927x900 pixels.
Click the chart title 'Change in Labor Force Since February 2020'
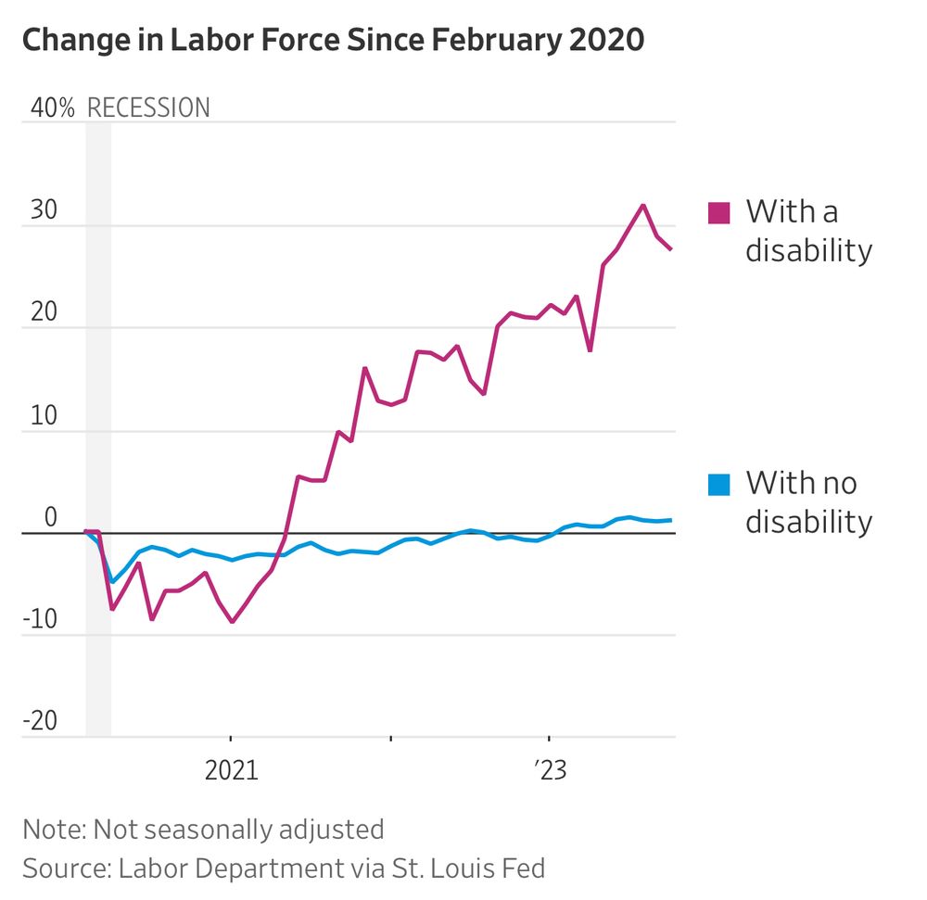click(x=333, y=41)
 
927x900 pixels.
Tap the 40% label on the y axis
click(x=53, y=108)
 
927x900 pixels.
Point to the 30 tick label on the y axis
click(x=42, y=210)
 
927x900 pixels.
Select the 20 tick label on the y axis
click(x=42, y=313)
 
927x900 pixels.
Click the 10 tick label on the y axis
click(x=42, y=416)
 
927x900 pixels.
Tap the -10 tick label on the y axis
click(x=40, y=621)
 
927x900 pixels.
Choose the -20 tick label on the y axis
click(x=40, y=722)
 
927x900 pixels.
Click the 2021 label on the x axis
click(x=231, y=771)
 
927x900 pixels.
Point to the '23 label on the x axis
click(x=550, y=771)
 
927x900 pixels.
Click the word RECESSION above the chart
click(x=148, y=108)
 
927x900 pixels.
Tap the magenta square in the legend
click(x=718, y=212)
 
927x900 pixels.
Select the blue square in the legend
click(x=718, y=484)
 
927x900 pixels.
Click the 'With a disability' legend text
click(x=808, y=231)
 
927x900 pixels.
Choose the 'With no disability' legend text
click(x=808, y=502)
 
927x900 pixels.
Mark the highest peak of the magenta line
click(x=643, y=205)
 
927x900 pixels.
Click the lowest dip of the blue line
click(x=112, y=582)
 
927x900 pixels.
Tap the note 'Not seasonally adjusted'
click(x=203, y=829)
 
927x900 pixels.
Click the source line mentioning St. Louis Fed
click(x=284, y=868)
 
